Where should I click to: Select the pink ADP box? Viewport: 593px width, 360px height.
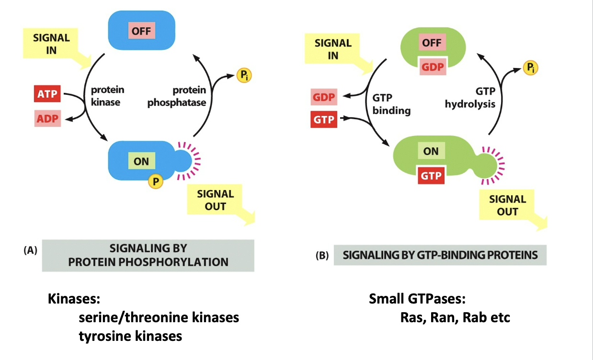coord(47,118)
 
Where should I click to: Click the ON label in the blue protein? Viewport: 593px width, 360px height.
coord(141,161)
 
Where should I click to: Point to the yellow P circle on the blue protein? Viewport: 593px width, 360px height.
coord(155,181)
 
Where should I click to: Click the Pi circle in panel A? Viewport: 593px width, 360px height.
coord(244,76)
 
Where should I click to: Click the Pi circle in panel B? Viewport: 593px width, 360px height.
coord(530,67)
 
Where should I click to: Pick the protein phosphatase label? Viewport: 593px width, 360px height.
coord(177,96)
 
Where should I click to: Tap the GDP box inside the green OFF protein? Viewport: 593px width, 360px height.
coord(433,67)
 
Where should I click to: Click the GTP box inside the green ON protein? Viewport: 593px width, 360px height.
coord(431,176)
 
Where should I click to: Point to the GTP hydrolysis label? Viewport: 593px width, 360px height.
coord(470,97)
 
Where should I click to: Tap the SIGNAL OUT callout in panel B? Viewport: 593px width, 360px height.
coord(508,205)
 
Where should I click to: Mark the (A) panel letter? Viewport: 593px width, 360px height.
coord(30,250)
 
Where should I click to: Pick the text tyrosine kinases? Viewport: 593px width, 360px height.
coord(130,336)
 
